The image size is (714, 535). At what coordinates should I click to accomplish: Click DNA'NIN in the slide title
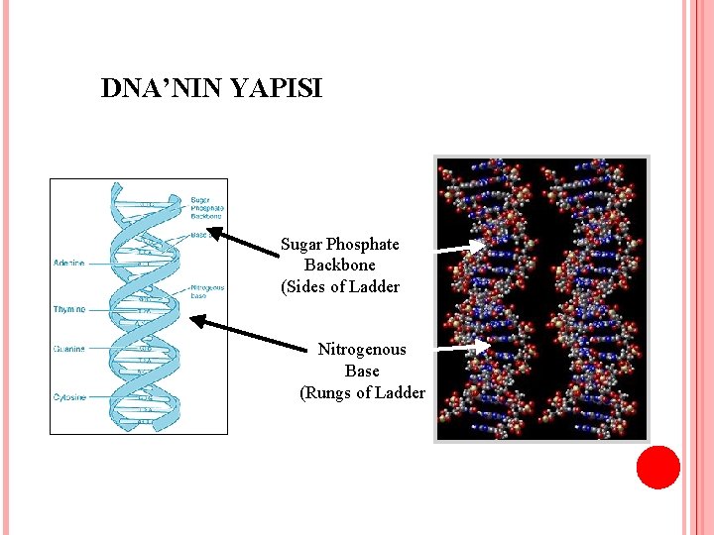pyautogui.click(x=163, y=89)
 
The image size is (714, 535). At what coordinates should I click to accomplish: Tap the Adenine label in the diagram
pyautogui.click(x=69, y=263)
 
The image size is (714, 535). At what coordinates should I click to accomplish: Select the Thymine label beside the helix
pyautogui.click(x=69, y=310)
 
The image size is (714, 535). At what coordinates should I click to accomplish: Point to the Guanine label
pyautogui.click(x=69, y=349)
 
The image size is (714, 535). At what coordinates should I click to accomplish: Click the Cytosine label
pyautogui.click(x=69, y=397)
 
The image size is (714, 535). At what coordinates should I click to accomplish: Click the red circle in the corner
pyautogui.click(x=657, y=468)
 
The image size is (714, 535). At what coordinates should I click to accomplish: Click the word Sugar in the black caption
pyautogui.click(x=301, y=244)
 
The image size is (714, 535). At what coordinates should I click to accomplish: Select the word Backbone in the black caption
pyautogui.click(x=340, y=266)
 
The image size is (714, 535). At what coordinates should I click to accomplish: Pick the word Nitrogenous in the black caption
pyautogui.click(x=362, y=350)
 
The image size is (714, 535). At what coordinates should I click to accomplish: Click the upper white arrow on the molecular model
pyautogui.click(x=461, y=247)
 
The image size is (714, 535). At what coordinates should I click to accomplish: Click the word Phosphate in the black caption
pyautogui.click(x=363, y=244)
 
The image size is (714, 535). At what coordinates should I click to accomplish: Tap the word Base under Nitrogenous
pyautogui.click(x=362, y=371)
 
